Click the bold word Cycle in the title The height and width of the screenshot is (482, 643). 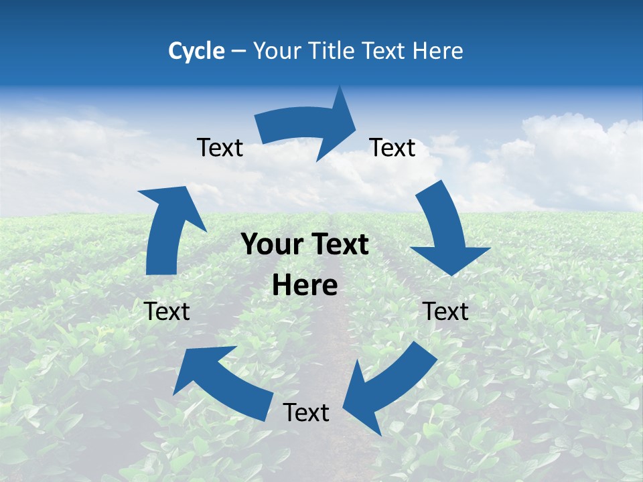pos(196,51)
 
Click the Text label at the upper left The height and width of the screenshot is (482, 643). pos(220,148)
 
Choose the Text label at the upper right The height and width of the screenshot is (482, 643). pos(392,148)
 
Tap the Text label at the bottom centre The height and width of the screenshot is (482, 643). pos(306,413)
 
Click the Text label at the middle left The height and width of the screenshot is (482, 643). pos(167,312)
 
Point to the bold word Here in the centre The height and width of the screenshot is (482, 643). pos(305,286)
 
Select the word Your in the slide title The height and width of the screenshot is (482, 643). pos(274,51)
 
